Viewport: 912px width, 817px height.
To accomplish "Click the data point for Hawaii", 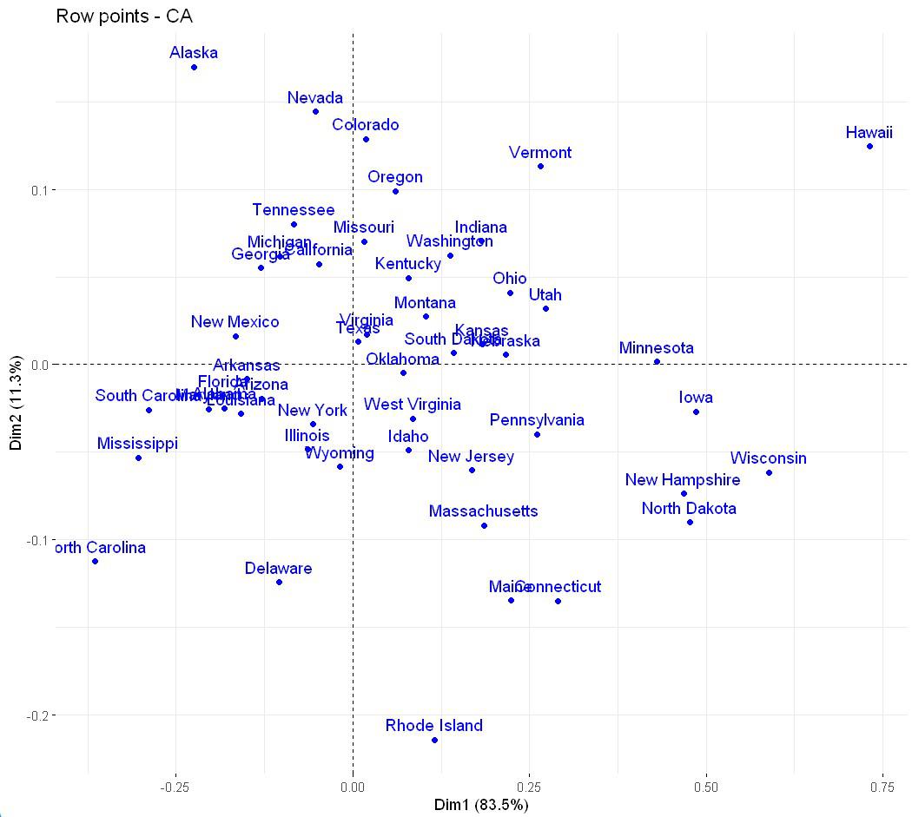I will [x=869, y=146].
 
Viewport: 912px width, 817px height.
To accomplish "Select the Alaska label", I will [x=194, y=53].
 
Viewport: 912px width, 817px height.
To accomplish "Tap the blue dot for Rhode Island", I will [x=434, y=740].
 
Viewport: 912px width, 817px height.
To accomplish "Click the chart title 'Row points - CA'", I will [x=124, y=16].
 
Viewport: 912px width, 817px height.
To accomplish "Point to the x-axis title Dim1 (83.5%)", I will [x=481, y=805].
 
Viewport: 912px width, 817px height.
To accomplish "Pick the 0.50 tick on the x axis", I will [x=706, y=787].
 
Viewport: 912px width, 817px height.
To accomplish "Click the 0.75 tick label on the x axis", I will [x=883, y=787].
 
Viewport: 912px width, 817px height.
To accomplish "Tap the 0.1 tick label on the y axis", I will [x=36, y=189].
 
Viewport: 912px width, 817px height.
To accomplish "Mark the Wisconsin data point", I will [x=769, y=472].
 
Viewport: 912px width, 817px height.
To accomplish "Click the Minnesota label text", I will [x=657, y=348].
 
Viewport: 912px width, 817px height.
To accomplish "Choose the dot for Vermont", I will [x=540, y=166].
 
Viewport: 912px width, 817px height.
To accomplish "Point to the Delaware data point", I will [x=279, y=582].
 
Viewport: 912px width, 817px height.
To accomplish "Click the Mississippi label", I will [x=137, y=444].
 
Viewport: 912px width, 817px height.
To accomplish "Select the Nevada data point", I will [x=315, y=111].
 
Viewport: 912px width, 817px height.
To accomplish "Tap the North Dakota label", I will [x=689, y=509].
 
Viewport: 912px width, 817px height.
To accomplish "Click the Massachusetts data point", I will [x=484, y=525].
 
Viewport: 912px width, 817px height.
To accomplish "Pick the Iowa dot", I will [x=696, y=412].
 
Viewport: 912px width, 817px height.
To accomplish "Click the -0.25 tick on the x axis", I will [x=175, y=787].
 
